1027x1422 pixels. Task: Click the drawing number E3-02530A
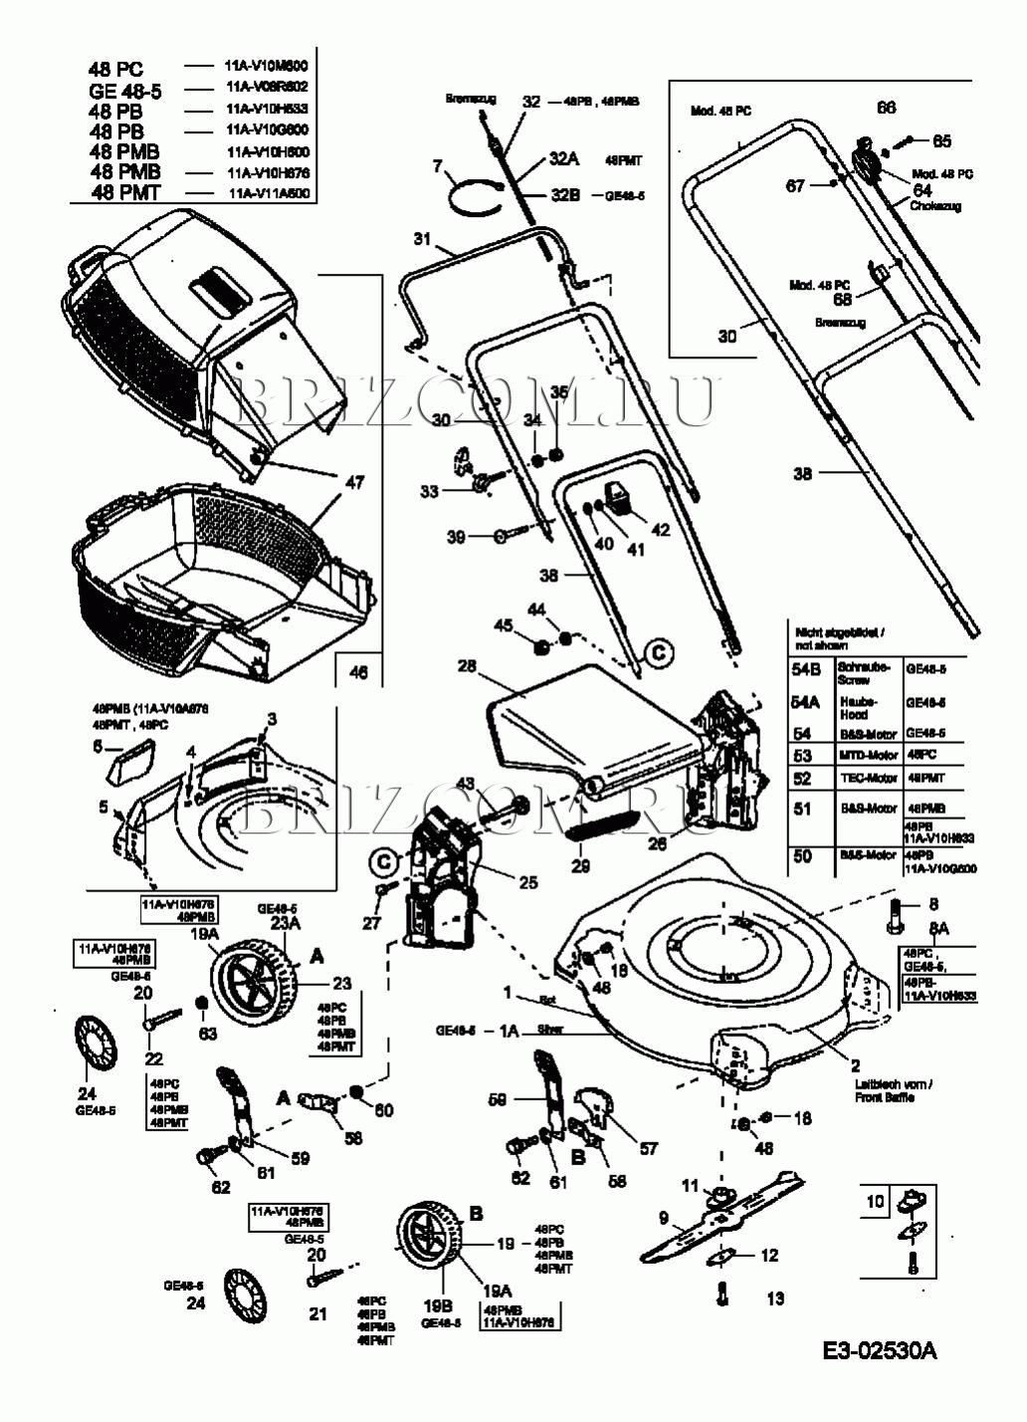tap(880, 1350)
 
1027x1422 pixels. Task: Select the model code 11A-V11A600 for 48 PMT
tap(269, 193)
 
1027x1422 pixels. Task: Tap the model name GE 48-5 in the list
tap(125, 91)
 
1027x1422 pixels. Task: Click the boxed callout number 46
tap(358, 672)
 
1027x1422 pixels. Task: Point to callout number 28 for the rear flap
tap(467, 665)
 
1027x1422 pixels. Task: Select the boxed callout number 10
tap(875, 1202)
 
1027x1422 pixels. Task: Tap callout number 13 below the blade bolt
tap(775, 1298)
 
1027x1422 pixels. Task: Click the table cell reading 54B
tap(805, 669)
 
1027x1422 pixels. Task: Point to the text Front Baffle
tap(884, 1097)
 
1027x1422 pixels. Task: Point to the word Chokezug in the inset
tap(935, 206)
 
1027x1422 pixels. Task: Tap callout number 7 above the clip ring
tap(437, 166)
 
